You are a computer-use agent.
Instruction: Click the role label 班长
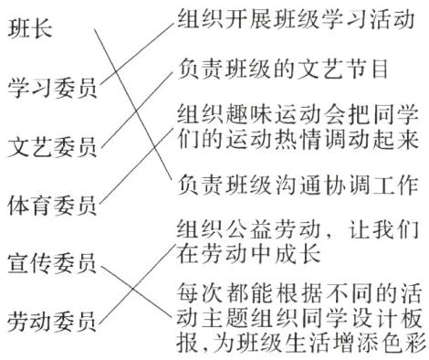[30, 30]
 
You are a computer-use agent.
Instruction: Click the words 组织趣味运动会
[258, 115]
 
